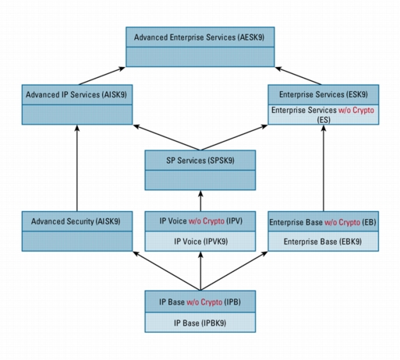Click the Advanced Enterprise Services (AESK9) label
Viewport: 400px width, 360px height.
200,37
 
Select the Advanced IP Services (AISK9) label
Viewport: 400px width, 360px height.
76,94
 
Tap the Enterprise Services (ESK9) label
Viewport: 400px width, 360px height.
324,94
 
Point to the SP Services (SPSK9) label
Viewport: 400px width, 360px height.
200,161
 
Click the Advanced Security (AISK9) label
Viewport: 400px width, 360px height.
76,221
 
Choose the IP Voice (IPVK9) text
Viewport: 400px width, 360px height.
200,242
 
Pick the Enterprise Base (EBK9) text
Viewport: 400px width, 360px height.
323,242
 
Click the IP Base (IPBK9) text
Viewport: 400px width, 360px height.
200,323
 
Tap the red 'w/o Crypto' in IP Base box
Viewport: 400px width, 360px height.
204,302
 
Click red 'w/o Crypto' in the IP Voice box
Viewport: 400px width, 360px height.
207,221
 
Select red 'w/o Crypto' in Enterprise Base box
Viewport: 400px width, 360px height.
342,222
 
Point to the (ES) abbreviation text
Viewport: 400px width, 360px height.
324,120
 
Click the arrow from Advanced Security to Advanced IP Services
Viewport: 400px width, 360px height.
77,168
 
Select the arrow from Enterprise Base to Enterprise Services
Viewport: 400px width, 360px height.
324,168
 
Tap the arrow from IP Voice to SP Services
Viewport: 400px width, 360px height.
200,201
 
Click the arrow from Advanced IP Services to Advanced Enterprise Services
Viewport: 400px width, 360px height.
102,76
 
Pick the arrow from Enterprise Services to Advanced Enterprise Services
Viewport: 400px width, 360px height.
298,76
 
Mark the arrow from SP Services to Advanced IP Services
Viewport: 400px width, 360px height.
167,138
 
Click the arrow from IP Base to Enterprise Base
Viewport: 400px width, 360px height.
234,271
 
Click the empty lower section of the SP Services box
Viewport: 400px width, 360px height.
200,180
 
